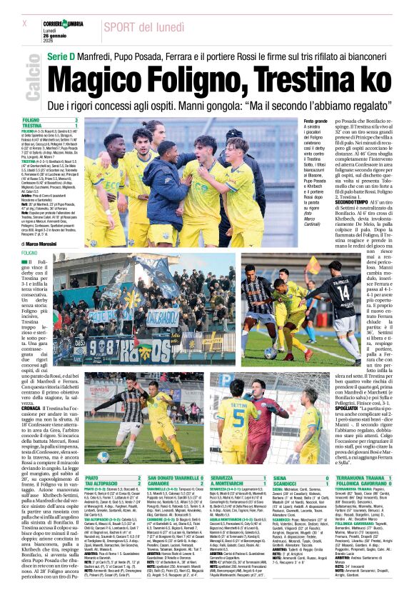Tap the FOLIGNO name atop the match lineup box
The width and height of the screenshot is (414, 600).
coord(31,120)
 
